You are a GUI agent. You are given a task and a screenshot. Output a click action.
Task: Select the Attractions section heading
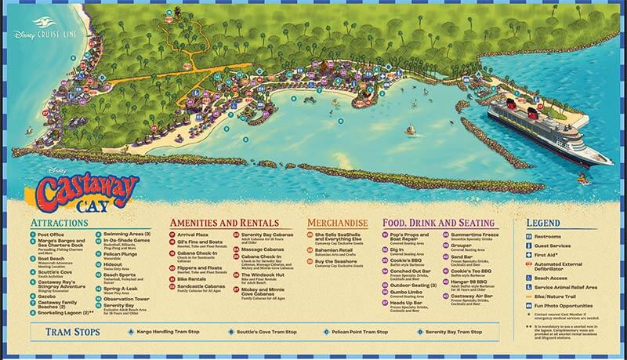tap(60, 224)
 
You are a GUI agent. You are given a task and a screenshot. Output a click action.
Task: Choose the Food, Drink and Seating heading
tap(439, 224)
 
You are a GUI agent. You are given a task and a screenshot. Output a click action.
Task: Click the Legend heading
tap(542, 224)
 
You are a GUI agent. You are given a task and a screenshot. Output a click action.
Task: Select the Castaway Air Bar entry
tap(471, 300)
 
